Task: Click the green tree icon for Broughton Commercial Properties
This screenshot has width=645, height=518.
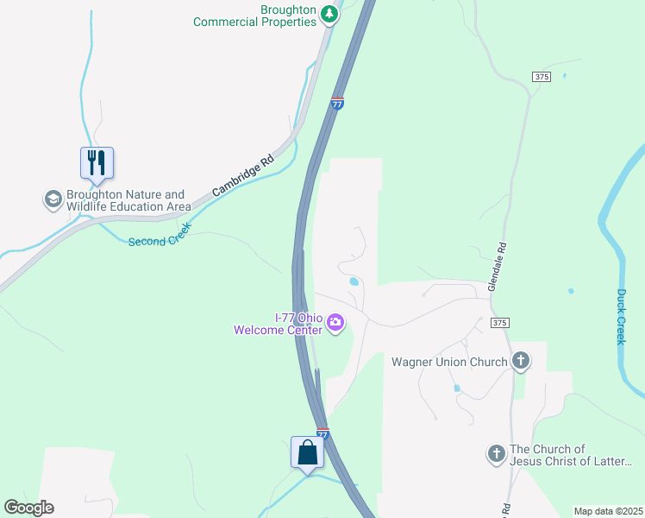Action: tap(329, 14)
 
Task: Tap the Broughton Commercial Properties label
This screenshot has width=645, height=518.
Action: tap(255, 16)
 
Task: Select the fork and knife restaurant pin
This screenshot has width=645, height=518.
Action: tap(97, 163)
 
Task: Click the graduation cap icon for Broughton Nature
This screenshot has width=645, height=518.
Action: tap(53, 200)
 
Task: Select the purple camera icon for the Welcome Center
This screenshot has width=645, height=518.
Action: tap(335, 324)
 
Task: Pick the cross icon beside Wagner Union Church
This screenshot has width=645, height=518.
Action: tap(520, 361)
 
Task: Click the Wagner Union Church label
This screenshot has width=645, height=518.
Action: tap(449, 362)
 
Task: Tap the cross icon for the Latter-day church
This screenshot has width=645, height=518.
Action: tap(496, 454)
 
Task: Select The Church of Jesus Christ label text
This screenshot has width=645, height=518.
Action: tap(572, 455)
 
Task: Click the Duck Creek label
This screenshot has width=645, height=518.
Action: tap(621, 316)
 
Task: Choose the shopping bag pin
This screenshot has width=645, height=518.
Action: tap(307, 452)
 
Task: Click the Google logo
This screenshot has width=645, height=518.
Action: tap(28, 508)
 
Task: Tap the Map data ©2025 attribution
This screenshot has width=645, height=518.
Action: tap(607, 511)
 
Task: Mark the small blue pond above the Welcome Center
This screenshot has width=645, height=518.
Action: tap(354, 281)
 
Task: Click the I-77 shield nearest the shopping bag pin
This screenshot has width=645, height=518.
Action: tap(322, 433)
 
